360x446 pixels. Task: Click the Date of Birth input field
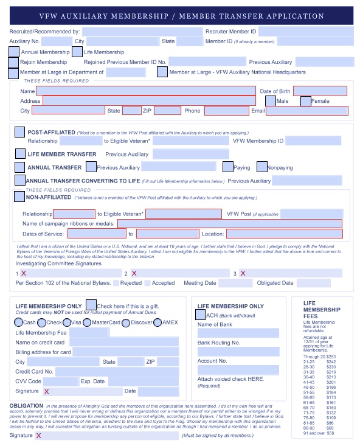coord(320,91)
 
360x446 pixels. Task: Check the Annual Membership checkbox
coord(14,52)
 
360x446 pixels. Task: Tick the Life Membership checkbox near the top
coord(77,52)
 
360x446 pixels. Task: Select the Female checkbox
coord(306,101)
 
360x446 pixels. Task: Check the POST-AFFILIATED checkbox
coord(19,132)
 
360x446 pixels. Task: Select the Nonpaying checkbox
coord(262,167)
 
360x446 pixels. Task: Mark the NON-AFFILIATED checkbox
coord(19,197)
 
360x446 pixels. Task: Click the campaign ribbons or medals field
coord(229,223)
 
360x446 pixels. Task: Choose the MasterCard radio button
coord(87,322)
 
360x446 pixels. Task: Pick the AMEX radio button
coord(157,322)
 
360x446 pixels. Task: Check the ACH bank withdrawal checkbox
coord(200,315)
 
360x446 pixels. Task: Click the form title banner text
coord(181,16)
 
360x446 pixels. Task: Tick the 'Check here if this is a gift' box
coord(91,305)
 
